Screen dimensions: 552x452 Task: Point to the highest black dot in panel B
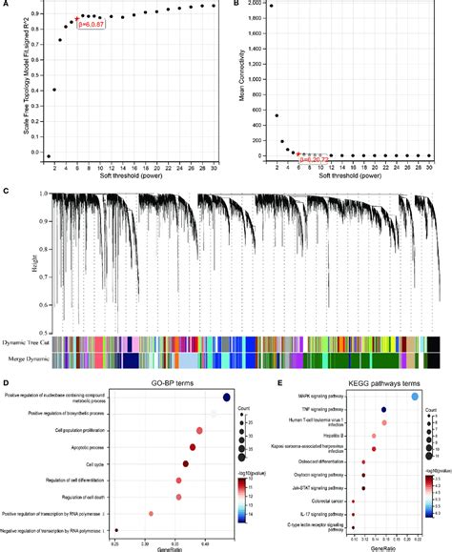click(270, 6)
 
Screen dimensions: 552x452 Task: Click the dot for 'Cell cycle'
click(185, 464)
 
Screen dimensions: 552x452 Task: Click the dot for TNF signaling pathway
click(383, 410)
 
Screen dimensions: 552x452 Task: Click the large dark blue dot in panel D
click(226, 399)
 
